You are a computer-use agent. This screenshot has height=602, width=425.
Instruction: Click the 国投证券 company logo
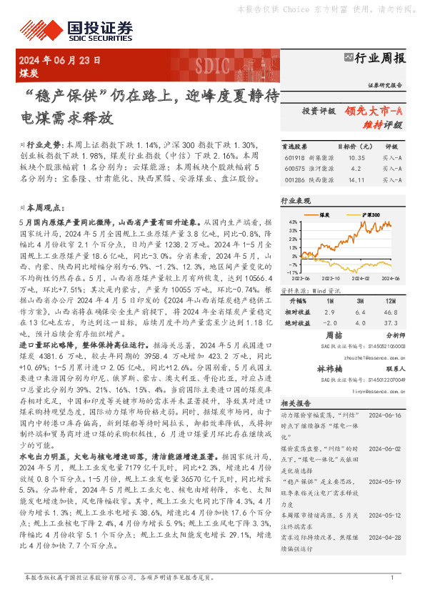tap(79, 30)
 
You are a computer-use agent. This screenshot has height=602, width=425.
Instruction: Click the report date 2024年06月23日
tap(62, 59)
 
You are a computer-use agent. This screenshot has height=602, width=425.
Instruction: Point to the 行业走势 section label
tap(44, 144)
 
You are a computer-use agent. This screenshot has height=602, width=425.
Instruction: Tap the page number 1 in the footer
tap(392, 577)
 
